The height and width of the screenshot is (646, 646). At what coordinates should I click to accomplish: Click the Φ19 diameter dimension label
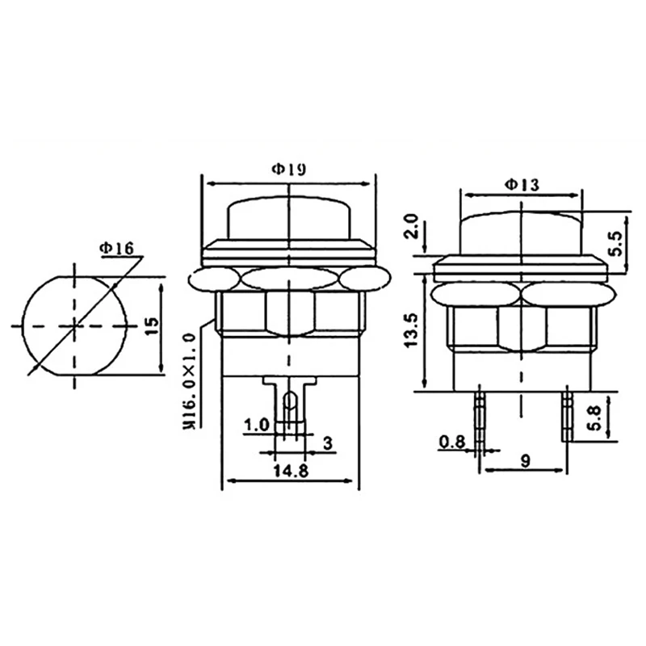(x=289, y=169)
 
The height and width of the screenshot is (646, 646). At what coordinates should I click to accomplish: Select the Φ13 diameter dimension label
(x=522, y=185)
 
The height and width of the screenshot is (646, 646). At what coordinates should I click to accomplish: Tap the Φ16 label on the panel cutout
(x=116, y=248)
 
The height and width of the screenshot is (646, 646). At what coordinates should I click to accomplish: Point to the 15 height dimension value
(x=152, y=326)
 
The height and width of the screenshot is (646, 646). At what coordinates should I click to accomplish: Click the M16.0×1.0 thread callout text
(x=189, y=382)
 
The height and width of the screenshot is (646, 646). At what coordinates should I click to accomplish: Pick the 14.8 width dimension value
(x=291, y=470)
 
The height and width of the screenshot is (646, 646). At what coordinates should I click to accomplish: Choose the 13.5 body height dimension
(x=411, y=330)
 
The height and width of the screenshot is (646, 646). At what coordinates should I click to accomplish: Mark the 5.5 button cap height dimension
(x=617, y=244)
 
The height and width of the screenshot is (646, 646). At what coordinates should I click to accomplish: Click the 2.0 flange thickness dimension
(x=411, y=226)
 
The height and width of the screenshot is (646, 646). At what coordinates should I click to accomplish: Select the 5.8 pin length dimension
(x=595, y=418)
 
